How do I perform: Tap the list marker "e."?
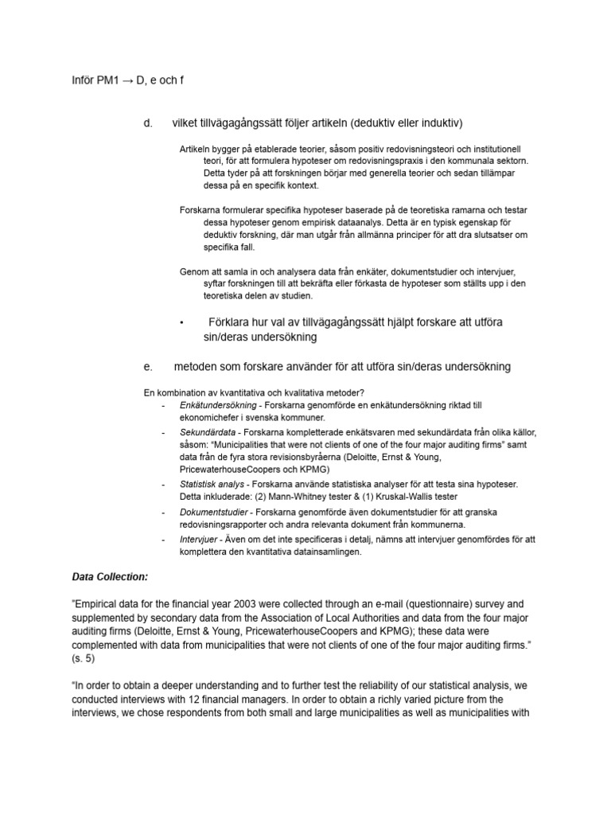pos(147,367)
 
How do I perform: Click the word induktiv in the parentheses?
pos(437,123)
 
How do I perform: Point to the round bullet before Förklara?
pos(182,323)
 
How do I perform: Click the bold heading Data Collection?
pos(111,576)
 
